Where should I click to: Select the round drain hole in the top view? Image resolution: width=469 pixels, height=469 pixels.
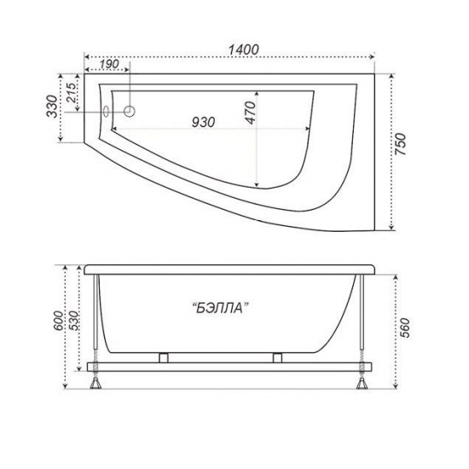(130, 111)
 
